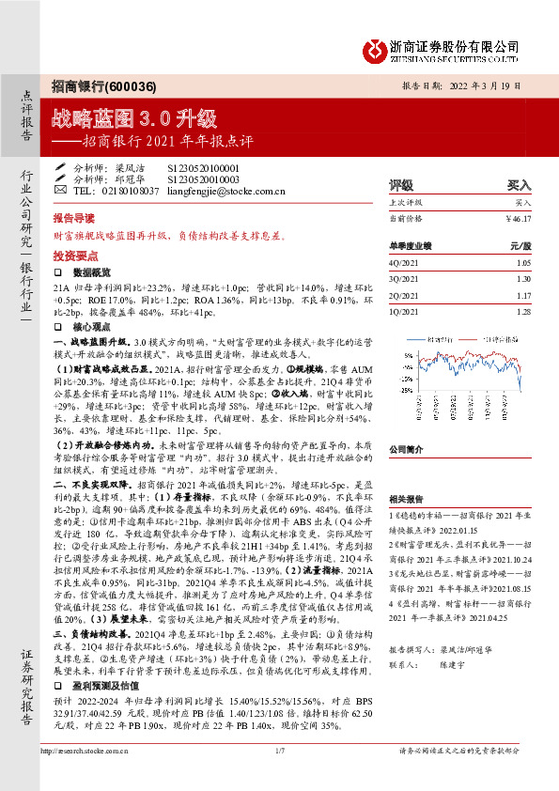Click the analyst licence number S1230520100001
tap(205, 166)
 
